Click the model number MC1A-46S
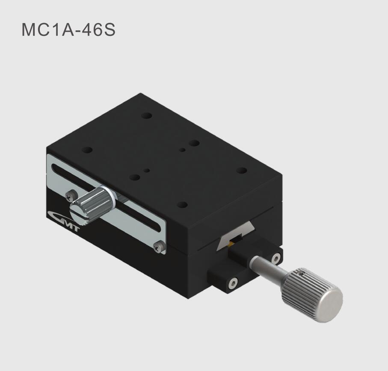click(68, 30)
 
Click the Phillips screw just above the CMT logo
click(70, 196)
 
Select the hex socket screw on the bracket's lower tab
click(233, 283)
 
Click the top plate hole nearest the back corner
click(147, 116)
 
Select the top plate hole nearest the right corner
click(242, 170)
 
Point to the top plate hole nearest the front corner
click(182, 205)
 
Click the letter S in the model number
click(110, 30)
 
